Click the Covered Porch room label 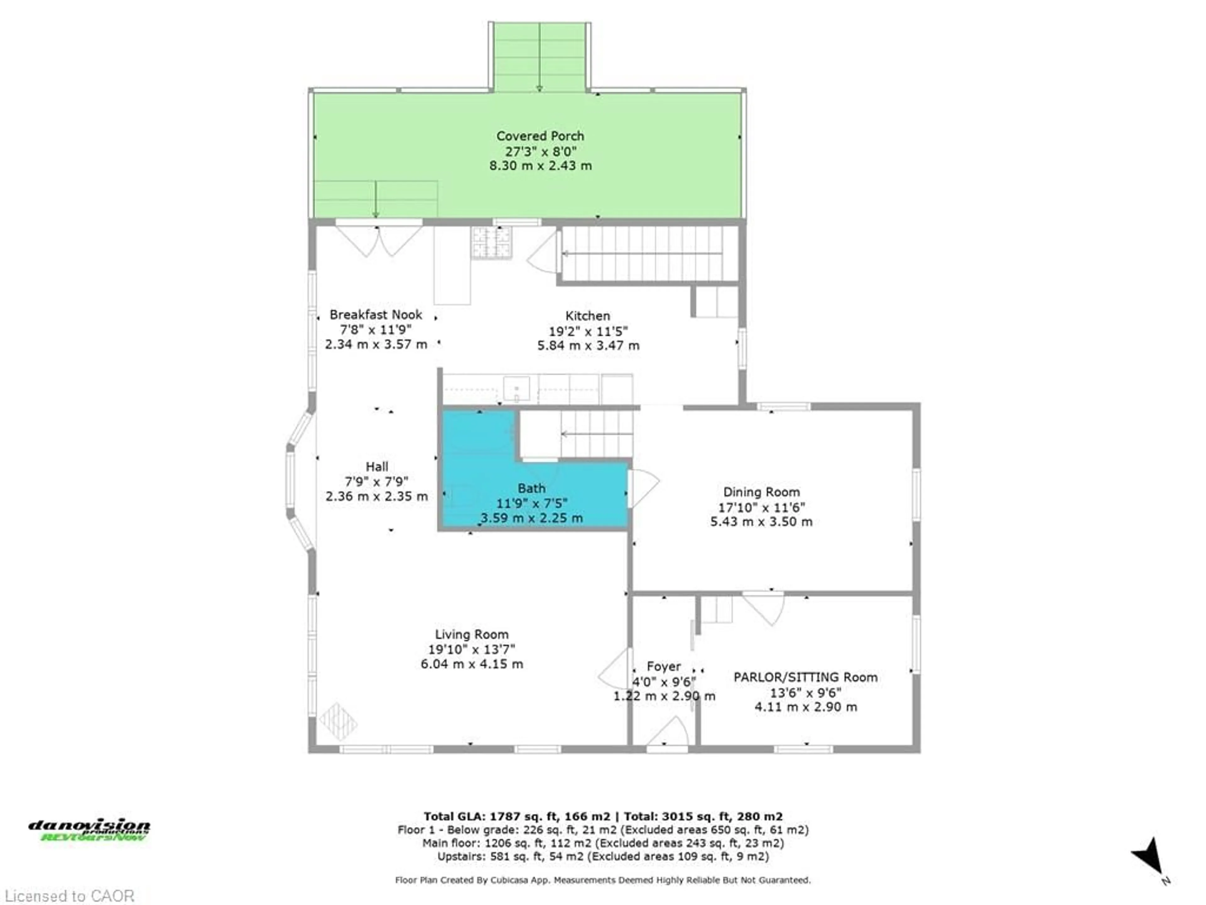(540, 136)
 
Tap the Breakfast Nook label (376, 315)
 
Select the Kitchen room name (587, 316)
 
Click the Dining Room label (761, 492)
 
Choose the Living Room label (472, 634)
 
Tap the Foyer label (664, 666)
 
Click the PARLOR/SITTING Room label (805, 677)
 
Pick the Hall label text (377, 467)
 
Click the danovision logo (90, 830)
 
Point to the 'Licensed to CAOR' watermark (69, 896)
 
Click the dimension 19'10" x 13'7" (472, 649)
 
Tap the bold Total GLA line (603, 817)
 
